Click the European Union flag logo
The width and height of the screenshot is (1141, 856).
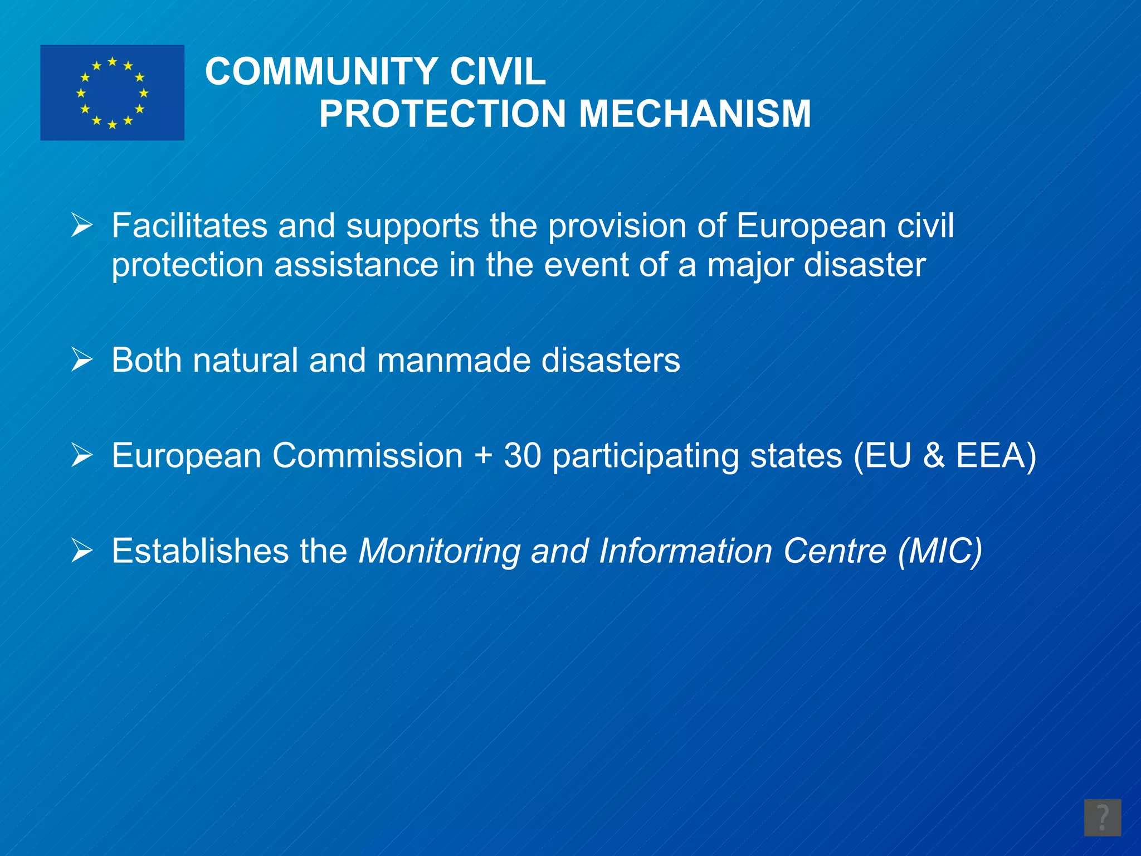[112, 93]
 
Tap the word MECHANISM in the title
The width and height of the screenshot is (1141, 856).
[695, 114]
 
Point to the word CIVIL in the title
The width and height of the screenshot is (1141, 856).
[498, 72]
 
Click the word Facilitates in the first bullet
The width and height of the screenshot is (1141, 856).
[189, 226]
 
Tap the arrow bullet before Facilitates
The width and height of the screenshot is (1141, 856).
[82, 226]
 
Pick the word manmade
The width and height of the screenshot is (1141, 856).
[454, 360]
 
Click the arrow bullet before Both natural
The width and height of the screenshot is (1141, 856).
[82, 360]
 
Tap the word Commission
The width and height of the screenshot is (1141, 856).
[368, 455]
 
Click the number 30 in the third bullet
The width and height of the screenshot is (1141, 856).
[523, 455]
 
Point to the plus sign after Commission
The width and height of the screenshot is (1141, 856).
[484, 456]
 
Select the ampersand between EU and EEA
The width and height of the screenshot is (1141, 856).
[934, 455]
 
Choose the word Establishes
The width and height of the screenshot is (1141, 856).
[200, 551]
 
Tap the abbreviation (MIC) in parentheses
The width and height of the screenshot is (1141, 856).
[940, 552]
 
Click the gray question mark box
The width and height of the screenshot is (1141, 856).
[1102, 818]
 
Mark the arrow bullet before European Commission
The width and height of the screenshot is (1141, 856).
[82, 455]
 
